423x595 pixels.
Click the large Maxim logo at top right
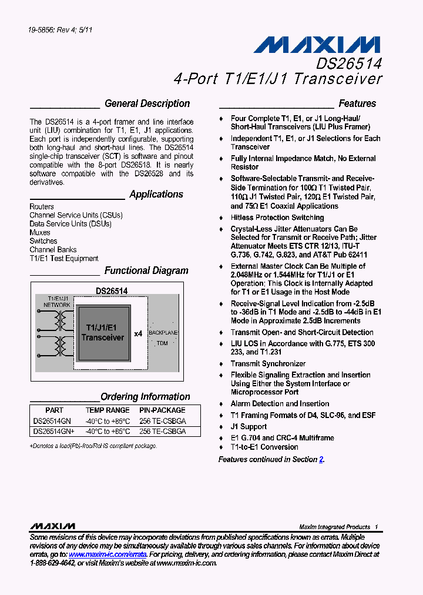(x=320, y=45)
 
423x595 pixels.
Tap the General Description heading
(x=147, y=103)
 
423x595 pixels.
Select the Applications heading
(x=156, y=195)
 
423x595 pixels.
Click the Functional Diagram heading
(x=146, y=271)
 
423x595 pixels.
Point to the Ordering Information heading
(x=145, y=397)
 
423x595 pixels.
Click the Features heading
(x=357, y=103)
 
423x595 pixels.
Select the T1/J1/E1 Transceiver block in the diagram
(x=103, y=333)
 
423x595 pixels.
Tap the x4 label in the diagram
(x=138, y=333)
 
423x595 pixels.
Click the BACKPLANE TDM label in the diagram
(x=163, y=337)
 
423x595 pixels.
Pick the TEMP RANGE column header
(x=108, y=410)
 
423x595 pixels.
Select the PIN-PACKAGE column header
(x=162, y=410)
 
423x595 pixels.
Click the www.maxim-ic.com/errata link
(x=107, y=554)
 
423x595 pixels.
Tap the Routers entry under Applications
(x=42, y=207)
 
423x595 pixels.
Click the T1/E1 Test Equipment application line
(x=64, y=259)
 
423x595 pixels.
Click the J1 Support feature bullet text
(x=249, y=427)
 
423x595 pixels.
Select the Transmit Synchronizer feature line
(x=268, y=364)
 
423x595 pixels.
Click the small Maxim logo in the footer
(x=52, y=526)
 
